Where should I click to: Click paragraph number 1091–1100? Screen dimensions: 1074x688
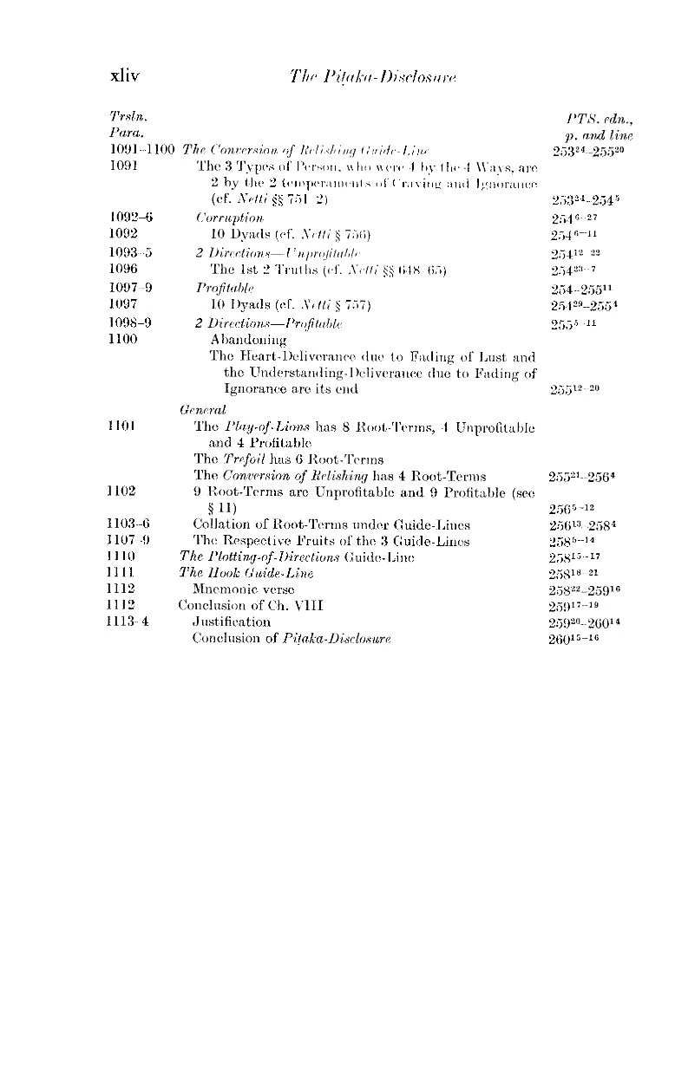coord(142,150)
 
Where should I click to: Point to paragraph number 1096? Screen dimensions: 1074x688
coord(124,269)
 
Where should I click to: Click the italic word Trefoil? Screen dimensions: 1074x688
coord(245,459)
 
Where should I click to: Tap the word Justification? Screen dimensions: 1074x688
coord(231,622)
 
